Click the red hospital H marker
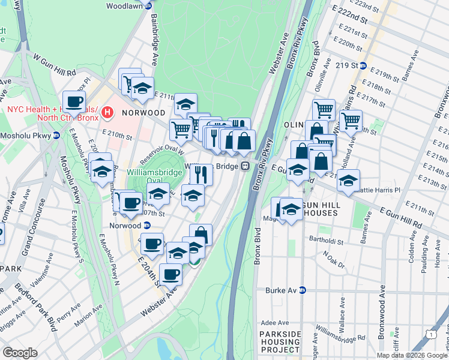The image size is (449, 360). [107, 112]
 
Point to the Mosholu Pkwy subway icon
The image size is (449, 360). [56, 136]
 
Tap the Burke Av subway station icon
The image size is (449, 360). [303, 290]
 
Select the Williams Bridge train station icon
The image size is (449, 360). [245, 166]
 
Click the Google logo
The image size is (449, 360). [20, 352]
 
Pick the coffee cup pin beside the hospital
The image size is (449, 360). [74, 102]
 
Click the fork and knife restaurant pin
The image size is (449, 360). [202, 174]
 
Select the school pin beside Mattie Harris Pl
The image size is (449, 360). [348, 181]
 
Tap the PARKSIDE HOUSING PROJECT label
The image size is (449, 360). [279, 341]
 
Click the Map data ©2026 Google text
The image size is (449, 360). [411, 355]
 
